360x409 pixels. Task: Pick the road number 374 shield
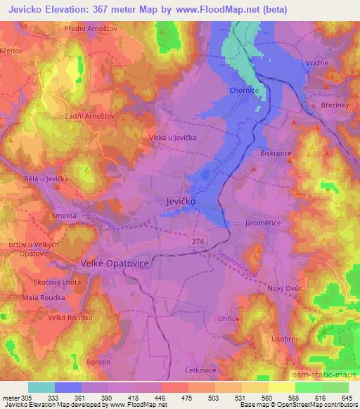tap(201, 240)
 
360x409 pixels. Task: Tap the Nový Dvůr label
tap(284, 289)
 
